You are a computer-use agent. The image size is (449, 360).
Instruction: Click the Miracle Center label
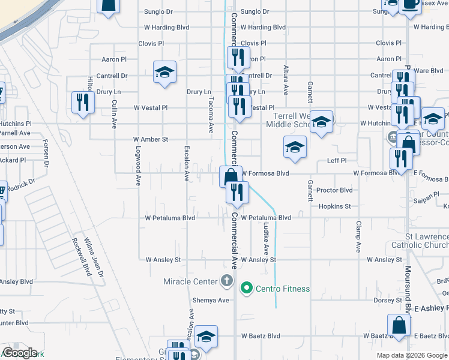[x=189, y=281]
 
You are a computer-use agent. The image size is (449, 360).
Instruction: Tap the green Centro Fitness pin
[x=246, y=289]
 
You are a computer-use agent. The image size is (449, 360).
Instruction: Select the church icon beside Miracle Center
[x=226, y=280]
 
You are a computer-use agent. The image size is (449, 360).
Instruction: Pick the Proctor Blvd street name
[x=334, y=190]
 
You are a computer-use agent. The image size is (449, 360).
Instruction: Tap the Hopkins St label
[x=335, y=206]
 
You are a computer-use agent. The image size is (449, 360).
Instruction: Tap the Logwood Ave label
[x=138, y=164]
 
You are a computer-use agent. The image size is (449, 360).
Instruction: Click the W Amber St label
[x=151, y=139]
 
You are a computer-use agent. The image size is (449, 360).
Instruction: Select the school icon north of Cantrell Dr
[x=164, y=72]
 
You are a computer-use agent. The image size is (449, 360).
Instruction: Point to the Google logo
[x=20, y=353]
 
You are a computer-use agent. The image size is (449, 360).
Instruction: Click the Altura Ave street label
[x=286, y=80]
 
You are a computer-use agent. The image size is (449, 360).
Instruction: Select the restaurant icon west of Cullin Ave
[x=82, y=101]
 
